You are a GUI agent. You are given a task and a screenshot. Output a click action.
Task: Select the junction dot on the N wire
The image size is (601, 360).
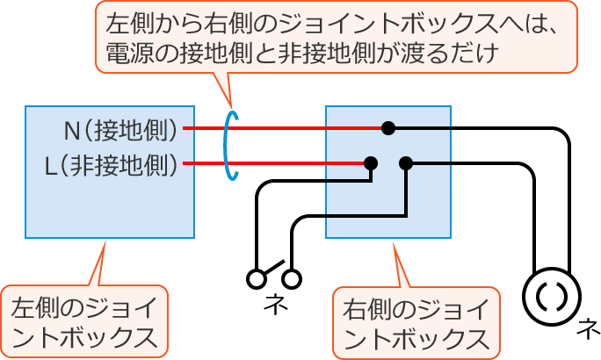pyautogui.click(x=387, y=128)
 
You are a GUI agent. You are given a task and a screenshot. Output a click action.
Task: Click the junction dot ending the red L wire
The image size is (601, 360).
pyautogui.click(x=371, y=162)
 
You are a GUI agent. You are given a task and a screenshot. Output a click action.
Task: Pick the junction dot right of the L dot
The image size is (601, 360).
pyautogui.click(x=405, y=162)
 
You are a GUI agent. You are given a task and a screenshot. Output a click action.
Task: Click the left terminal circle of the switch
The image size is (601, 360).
pyautogui.click(x=257, y=279)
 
